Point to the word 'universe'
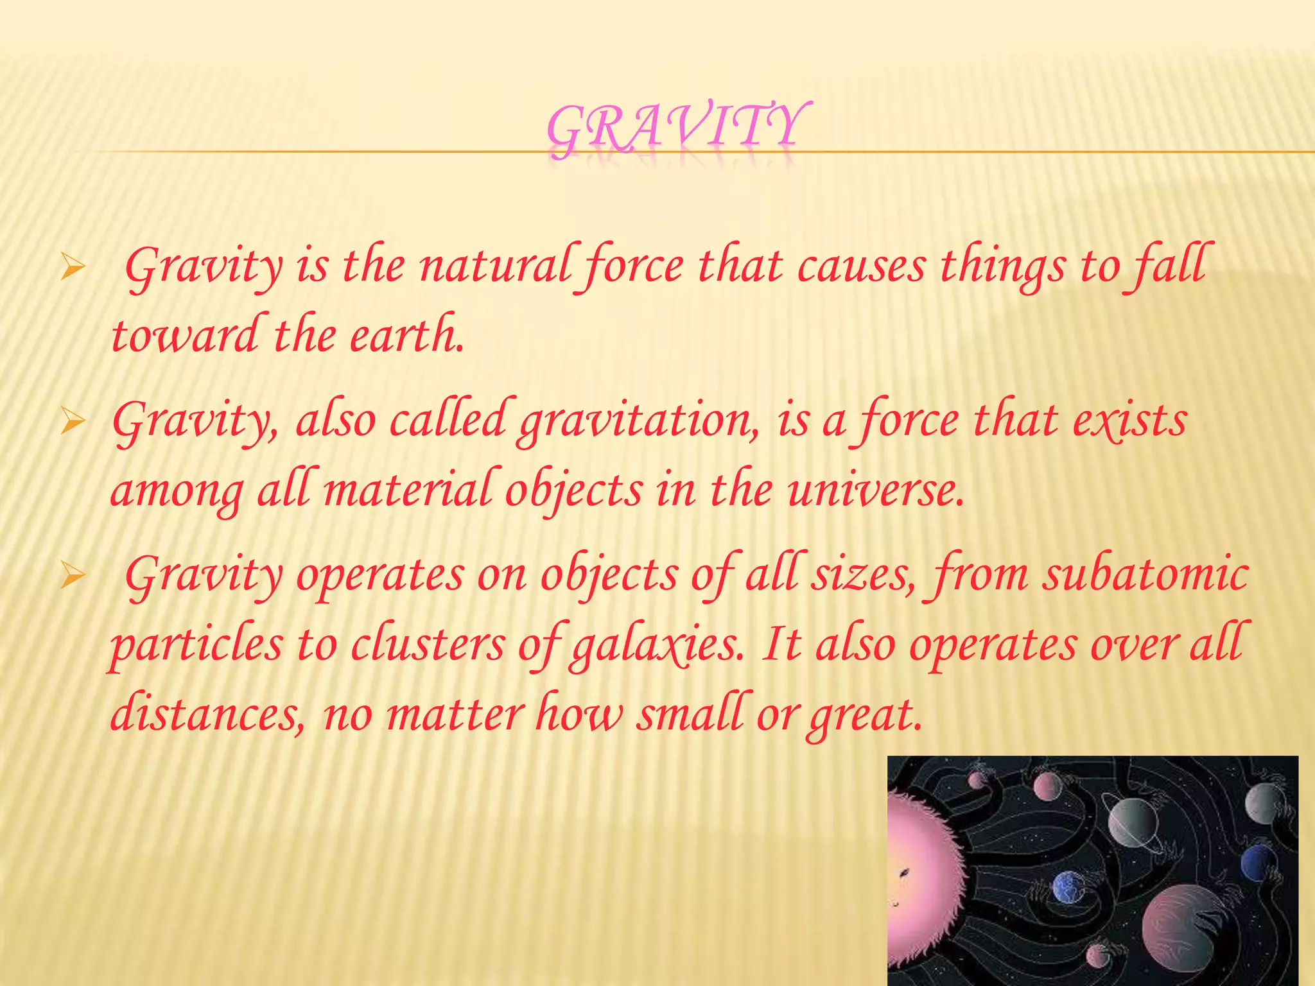coord(873,491)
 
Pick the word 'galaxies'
coord(655,645)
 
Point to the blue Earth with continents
coord(1067,888)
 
